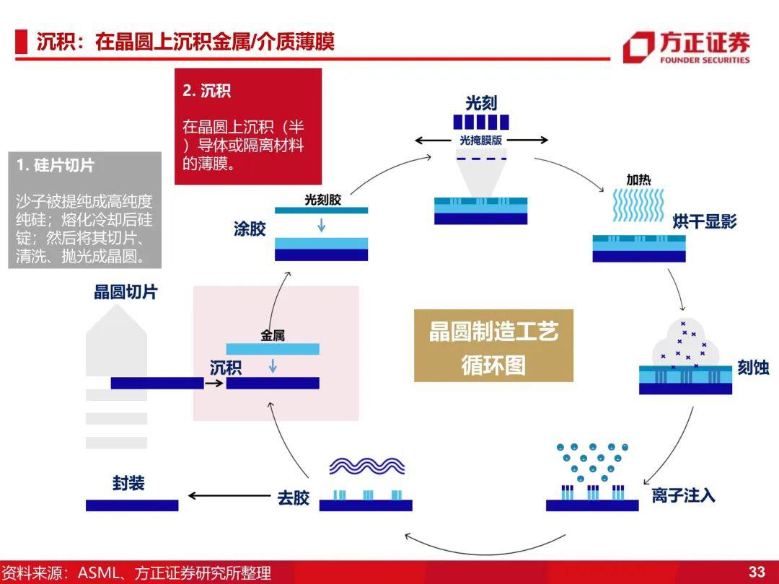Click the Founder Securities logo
click(x=686, y=47)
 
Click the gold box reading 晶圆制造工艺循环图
click(x=493, y=345)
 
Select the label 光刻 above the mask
click(x=481, y=103)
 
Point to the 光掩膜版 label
click(x=481, y=141)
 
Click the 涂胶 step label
click(x=250, y=229)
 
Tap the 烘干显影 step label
click(x=705, y=221)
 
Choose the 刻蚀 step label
click(x=752, y=368)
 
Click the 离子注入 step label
click(x=683, y=495)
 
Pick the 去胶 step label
click(x=293, y=497)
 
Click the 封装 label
click(x=128, y=483)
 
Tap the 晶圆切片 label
click(x=126, y=292)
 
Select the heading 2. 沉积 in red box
click(x=207, y=91)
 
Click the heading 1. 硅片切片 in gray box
click(x=55, y=165)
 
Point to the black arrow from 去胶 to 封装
click(x=229, y=495)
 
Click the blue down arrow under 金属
click(x=272, y=366)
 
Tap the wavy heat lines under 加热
click(x=638, y=205)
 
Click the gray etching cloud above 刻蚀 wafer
click(x=685, y=342)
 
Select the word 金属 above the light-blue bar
click(x=273, y=336)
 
